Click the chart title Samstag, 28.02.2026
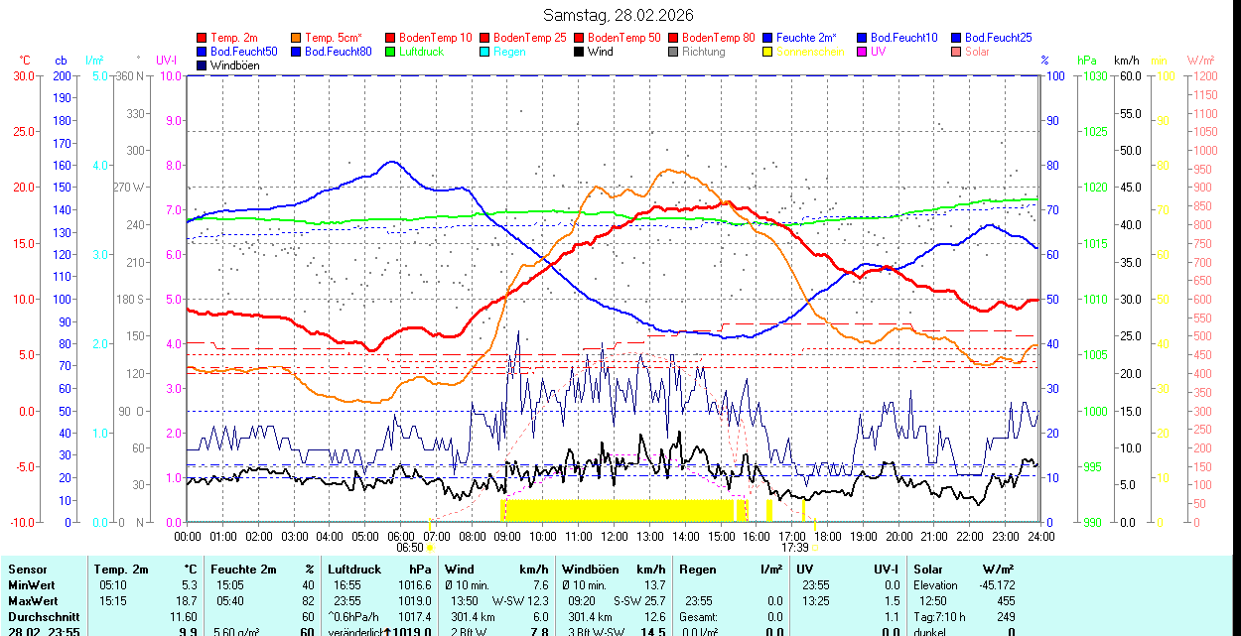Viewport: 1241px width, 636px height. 619,15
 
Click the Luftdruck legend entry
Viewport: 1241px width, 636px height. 422,52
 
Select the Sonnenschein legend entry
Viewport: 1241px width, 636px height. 810,52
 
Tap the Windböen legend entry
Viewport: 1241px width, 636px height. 234,65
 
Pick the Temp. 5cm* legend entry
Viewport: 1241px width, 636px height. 333,38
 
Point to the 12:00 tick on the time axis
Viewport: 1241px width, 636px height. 614,536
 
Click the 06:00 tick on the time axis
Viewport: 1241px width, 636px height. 400,536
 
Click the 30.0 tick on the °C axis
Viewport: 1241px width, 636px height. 23,75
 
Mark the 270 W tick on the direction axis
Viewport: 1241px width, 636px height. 131,187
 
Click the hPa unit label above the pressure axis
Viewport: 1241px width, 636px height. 1087,61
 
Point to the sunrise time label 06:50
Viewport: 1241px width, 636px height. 410,547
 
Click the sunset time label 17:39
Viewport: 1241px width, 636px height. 794,547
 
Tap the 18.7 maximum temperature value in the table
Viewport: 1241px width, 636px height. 186,601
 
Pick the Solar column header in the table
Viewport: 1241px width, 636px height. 927,570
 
